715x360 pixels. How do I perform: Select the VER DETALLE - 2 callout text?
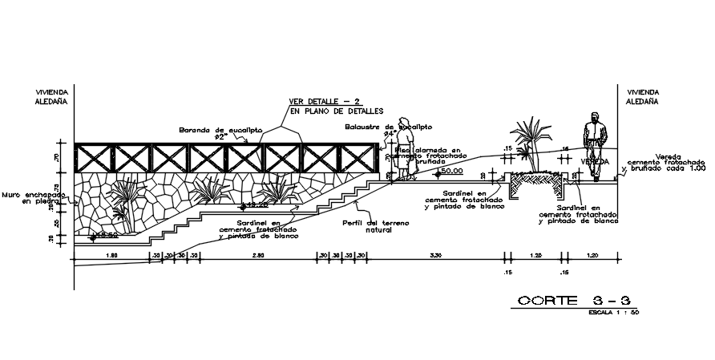pos(326,103)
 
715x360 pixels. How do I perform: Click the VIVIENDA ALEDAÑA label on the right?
pos(643,97)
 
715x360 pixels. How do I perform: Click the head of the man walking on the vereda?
pos(593,117)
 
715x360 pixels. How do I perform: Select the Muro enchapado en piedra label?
pos(33,197)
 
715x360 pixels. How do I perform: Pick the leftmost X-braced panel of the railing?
pos(94,158)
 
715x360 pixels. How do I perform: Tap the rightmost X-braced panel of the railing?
pos(358,158)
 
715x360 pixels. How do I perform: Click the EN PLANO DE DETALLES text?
pos(337,111)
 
